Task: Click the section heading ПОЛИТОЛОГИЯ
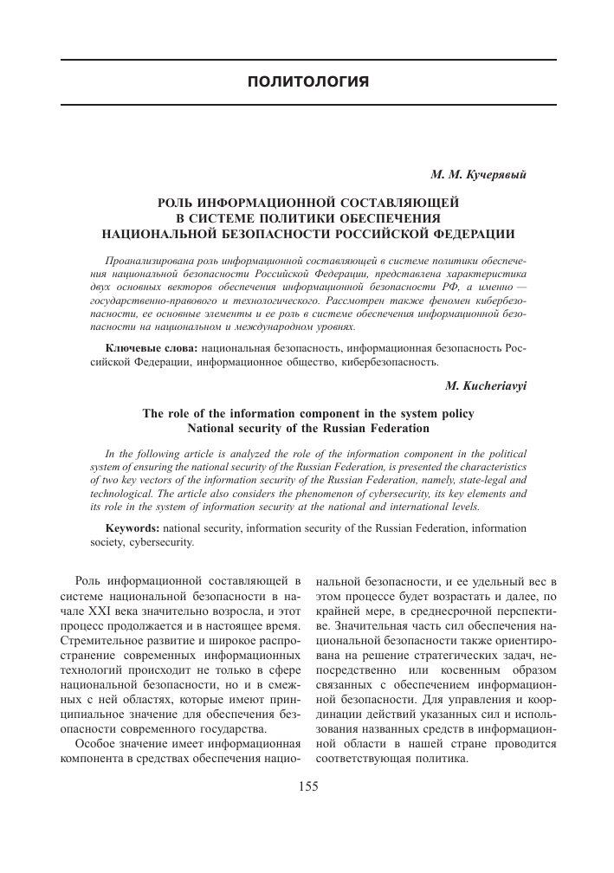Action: click(x=308, y=82)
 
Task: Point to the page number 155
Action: click(x=308, y=811)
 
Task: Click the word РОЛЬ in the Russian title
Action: click(x=178, y=202)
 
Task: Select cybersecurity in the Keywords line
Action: click(x=165, y=544)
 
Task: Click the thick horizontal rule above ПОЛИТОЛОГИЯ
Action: click(x=308, y=60)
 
